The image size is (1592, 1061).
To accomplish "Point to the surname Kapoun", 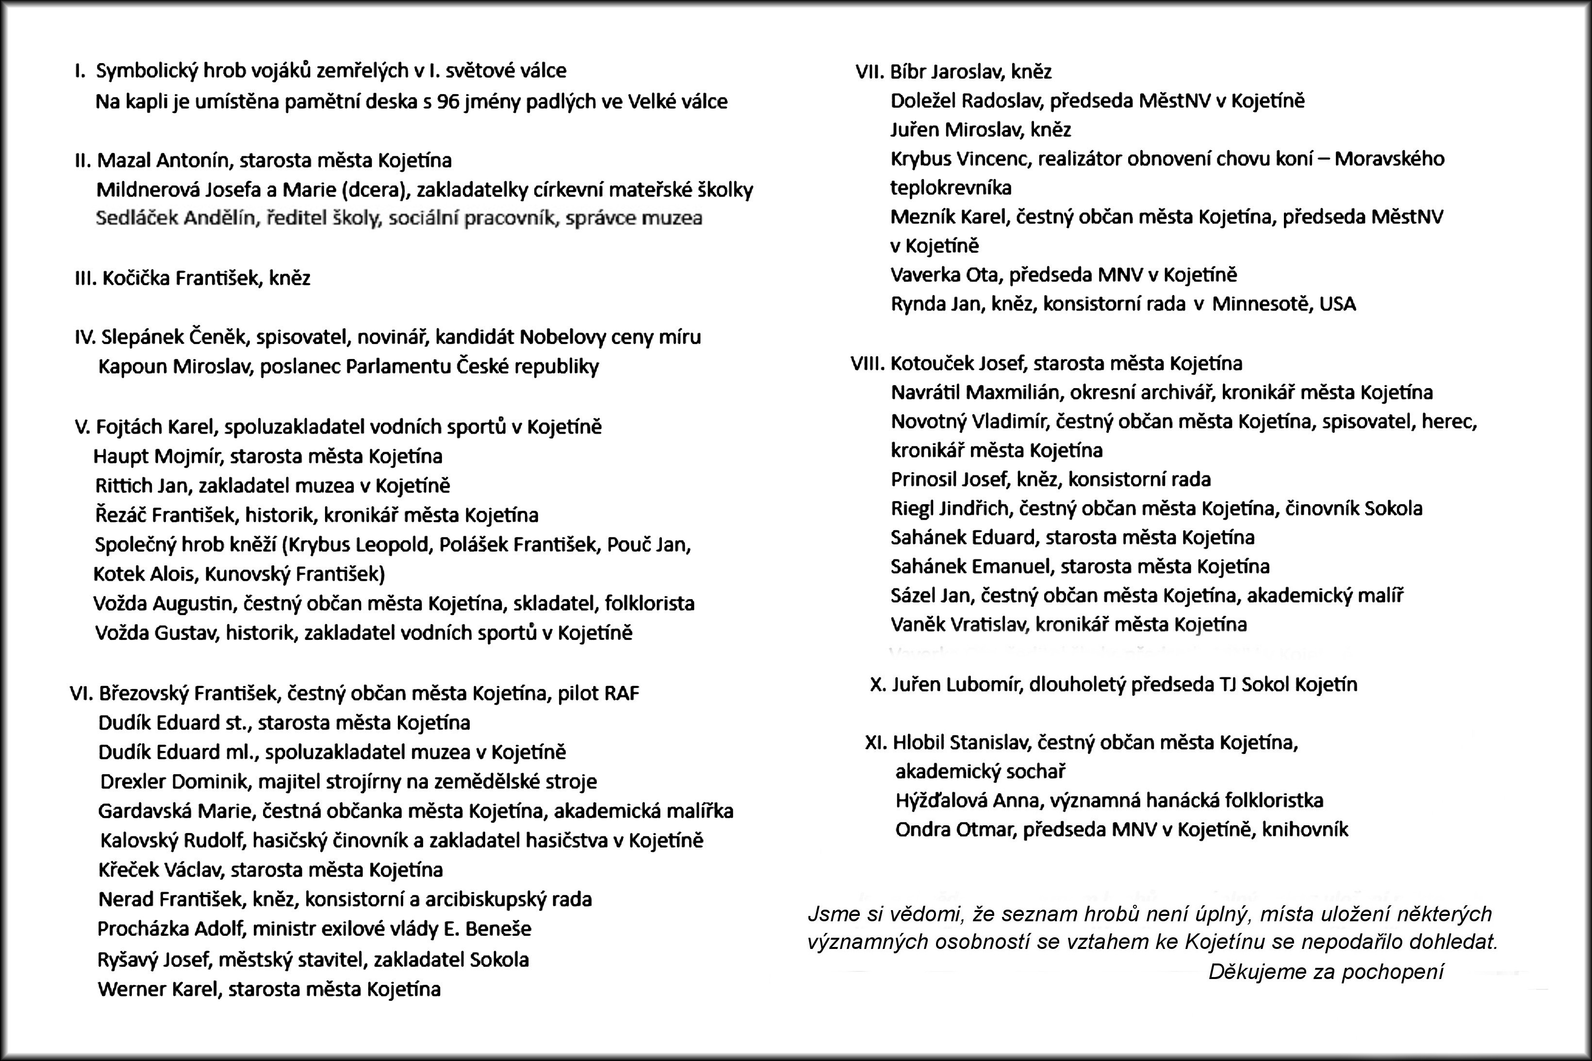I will point(132,367).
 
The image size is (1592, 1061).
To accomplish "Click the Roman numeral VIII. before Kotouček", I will point(867,363).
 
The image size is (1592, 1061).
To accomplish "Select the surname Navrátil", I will point(926,392).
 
